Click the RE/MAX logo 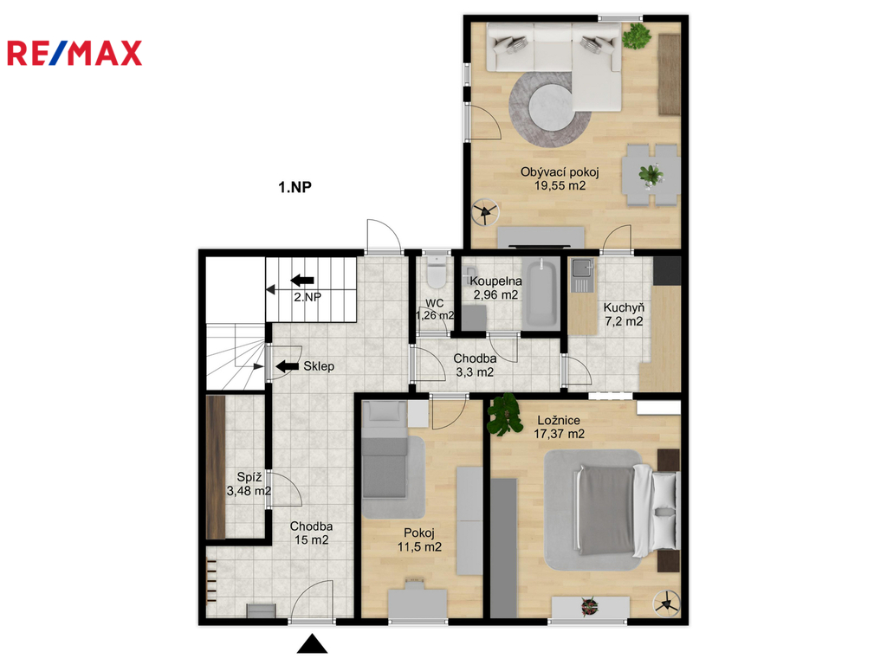tap(74, 53)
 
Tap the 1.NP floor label tap(295, 187)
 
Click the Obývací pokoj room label tap(560, 172)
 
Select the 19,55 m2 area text tap(560, 185)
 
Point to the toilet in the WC tap(437, 271)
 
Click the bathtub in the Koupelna tap(540, 293)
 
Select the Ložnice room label tap(559, 420)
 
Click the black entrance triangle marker tap(312, 644)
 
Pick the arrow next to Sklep tap(288, 366)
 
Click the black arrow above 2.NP tap(302, 280)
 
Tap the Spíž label tap(249, 477)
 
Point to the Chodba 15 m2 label tap(311, 533)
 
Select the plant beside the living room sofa tap(637, 36)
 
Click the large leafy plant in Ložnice tap(505, 415)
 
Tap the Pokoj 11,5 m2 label tap(419, 540)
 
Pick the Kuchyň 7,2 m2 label tap(624, 314)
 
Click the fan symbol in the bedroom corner tap(666, 604)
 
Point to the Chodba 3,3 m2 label tap(476, 365)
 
